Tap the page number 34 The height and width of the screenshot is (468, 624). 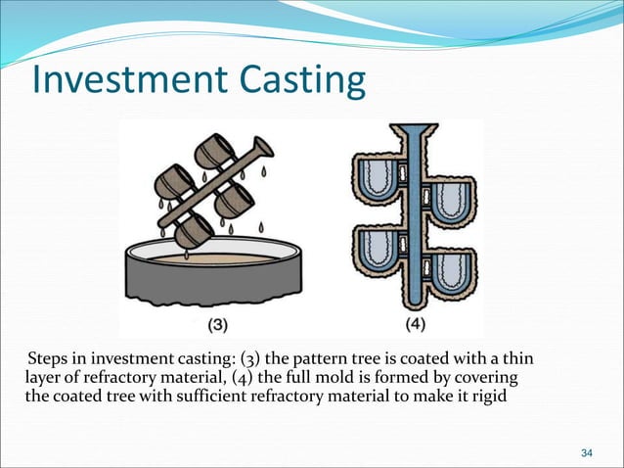(587, 451)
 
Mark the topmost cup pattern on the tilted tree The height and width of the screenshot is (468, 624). (212, 151)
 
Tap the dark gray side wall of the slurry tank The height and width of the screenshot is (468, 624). (215, 289)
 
